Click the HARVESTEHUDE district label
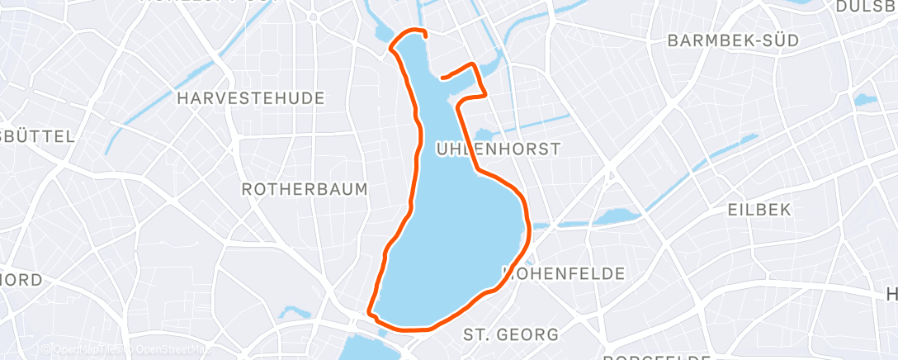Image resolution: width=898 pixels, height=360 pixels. tap(251, 98)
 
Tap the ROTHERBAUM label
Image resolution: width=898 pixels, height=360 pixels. tap(304, 189)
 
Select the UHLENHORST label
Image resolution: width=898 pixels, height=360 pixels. tap(498, 149)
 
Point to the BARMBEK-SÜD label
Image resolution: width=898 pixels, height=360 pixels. tap(727, 40)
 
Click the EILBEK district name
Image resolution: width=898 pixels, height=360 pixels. tap(759, 210)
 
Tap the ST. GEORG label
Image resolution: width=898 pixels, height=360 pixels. tap(510, 334)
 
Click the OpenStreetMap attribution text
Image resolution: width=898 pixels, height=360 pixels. tap(169, 350)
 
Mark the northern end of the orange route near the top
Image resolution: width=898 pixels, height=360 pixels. tap(424, 36)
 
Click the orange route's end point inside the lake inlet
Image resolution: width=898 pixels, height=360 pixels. tap(443, 78)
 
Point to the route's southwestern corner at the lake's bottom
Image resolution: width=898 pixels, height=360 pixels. tap(371, 315)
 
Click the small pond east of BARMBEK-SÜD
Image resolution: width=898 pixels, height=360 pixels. tap(865, 100)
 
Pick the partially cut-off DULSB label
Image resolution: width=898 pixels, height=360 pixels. tap(867, 7)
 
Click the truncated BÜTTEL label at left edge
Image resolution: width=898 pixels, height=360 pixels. tap(37, 136)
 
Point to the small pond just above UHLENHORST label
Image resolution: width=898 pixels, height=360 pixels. tap(484, 134)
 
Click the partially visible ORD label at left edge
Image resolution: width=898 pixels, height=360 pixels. tap(21, 280)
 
